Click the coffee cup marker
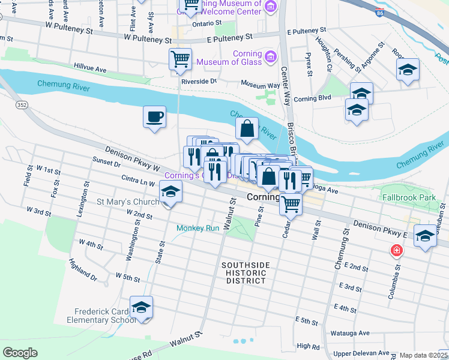(154, 116)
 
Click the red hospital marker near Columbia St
(396, 250)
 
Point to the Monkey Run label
(198, 228)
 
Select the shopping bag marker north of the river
(247, 127)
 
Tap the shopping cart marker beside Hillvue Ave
(179, 59)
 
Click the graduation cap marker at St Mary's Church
(170, 192)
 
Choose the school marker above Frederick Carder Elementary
(141, 307)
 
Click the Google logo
(20, 353)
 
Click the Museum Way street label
(261, 85)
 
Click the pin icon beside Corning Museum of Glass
(271, 56)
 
